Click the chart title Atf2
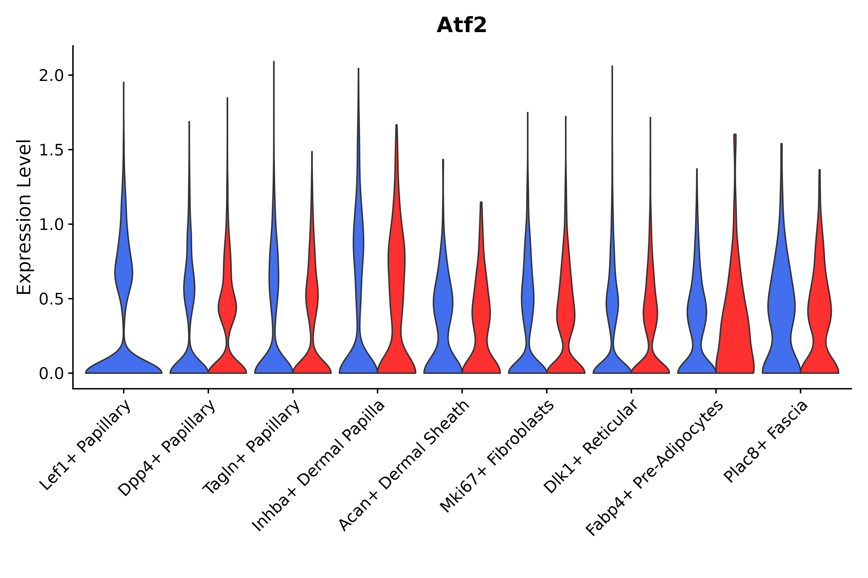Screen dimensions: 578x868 tap(461, 26)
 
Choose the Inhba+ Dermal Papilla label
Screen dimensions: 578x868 tap(319, 466)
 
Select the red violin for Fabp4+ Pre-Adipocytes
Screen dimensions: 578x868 tap(734, 332)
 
